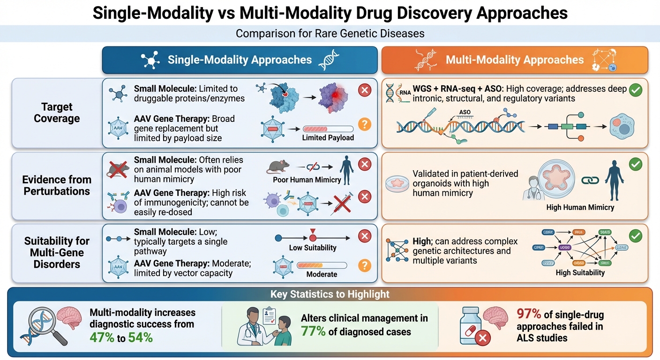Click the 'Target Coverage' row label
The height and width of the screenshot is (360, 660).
tap(57, 112)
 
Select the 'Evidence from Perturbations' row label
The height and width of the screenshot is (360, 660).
tap(57, 185)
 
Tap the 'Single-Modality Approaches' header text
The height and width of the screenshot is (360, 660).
tap(240, 60)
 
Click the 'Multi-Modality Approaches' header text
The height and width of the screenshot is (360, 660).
tap(515, 60)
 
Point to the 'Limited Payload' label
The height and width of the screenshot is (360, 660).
tap(328, 138)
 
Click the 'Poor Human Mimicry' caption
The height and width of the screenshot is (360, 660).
tap(307, 180)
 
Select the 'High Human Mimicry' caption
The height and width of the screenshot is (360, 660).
tap(580, 207)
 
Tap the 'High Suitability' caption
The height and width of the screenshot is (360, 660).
tap(580, 272)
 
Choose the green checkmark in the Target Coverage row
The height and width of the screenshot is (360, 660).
tap(635, 90)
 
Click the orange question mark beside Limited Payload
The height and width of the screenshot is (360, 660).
tap(364, 124)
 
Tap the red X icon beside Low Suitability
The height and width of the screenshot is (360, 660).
tap(364, 237)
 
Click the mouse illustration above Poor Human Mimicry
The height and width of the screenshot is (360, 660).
tap(278, 165)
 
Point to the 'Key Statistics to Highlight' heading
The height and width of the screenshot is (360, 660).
tap(330, 294)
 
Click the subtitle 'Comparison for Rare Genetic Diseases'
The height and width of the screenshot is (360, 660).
tap(330, 34)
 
